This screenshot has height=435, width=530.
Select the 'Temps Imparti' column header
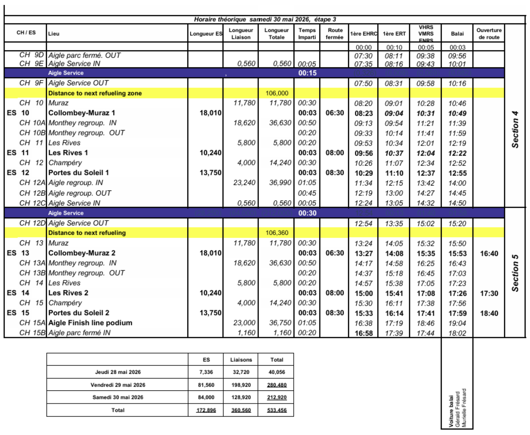307,34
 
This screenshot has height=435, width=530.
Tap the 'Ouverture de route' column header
489,34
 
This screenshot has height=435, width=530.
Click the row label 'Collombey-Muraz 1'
82,113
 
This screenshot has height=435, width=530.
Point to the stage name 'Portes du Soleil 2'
79,313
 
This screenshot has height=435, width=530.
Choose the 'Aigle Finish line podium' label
90,323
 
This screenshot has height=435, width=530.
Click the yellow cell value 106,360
277,233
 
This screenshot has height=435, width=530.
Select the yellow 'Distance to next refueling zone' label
95,93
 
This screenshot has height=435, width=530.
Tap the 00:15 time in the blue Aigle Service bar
307,73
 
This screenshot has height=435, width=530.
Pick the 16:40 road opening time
489,253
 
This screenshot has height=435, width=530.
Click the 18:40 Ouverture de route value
489,313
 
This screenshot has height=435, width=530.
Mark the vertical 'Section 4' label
515,129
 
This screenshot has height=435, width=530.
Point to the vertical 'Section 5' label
515,273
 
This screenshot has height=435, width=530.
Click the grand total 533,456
276,410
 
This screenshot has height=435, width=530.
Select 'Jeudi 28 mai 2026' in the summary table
118,372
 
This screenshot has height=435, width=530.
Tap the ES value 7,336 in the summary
206,372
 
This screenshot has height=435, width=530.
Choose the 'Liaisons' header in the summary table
241,360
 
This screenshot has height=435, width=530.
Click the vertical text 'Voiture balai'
451,411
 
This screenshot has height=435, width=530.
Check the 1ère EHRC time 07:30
363,56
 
